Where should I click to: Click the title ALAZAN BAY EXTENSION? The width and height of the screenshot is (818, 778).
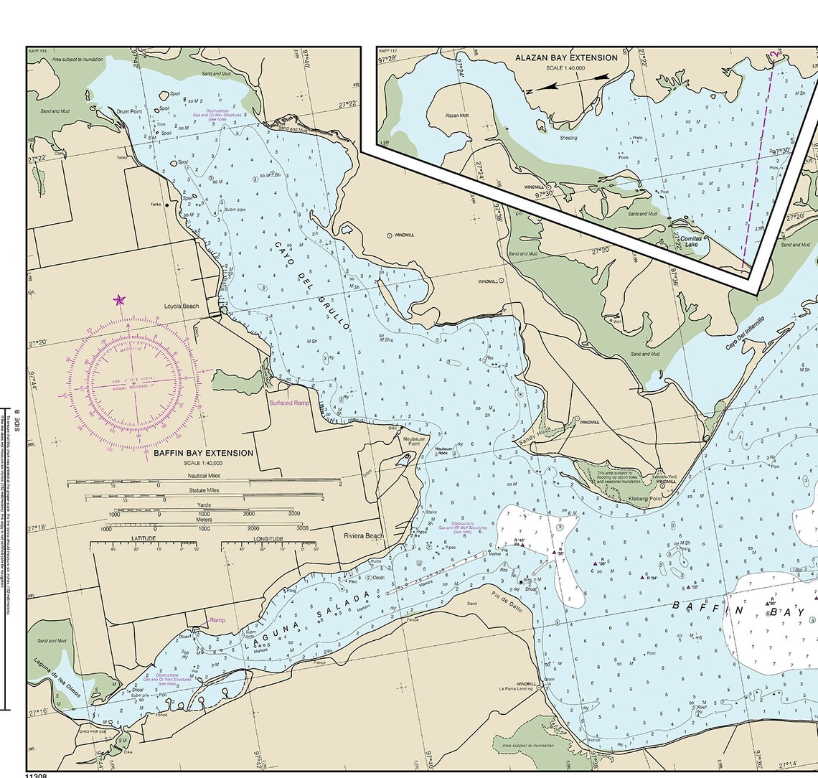566,58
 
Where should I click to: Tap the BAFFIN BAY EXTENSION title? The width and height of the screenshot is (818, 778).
203,454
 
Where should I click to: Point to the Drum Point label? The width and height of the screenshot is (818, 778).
130,112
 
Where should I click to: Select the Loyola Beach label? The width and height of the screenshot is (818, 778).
182,306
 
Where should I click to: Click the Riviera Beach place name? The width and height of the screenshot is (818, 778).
364,536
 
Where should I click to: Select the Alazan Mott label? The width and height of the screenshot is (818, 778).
456,116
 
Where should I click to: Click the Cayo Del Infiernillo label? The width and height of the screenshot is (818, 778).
745,333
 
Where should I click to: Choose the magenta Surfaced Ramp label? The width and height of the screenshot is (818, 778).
289,403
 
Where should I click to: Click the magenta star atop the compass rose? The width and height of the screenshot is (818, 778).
119,299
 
